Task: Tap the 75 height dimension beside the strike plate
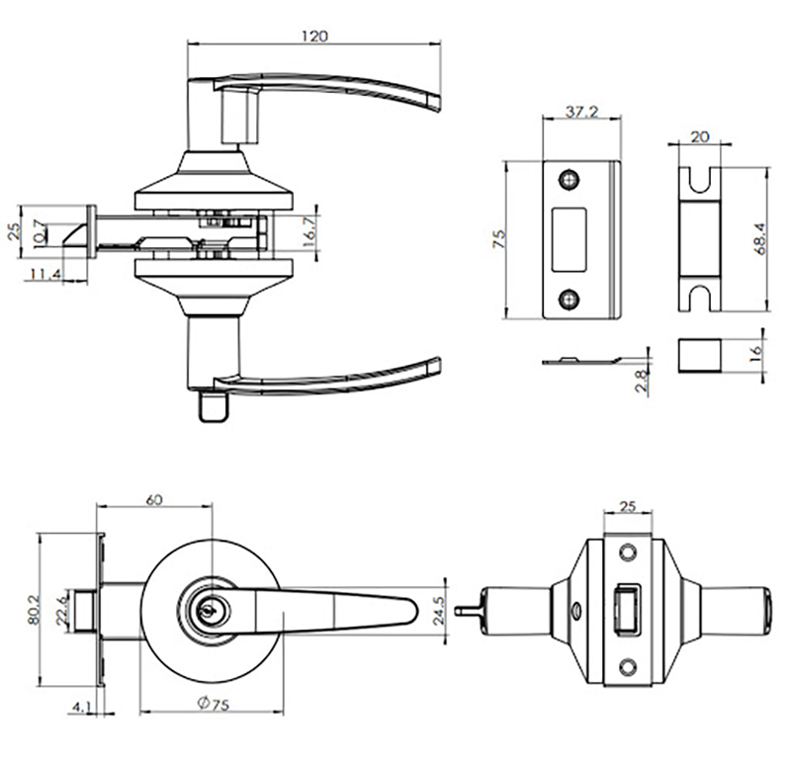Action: point(499,238)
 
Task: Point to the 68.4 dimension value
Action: point(758,237)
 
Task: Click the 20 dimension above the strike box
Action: point(700,138)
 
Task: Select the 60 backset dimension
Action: point(153,500)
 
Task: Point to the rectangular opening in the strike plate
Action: point(571,238)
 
